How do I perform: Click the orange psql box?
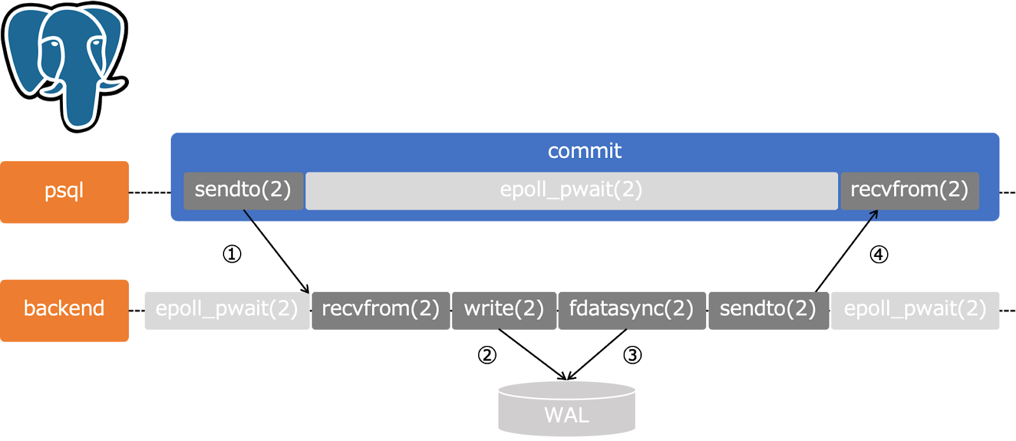pos(64,192)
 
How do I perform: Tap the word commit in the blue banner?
pos(584,151)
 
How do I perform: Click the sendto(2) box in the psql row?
pos(243,190)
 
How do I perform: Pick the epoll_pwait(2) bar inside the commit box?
pos(571,190)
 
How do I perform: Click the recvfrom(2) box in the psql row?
pos(909,190)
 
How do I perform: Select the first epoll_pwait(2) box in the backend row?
pos(227,310)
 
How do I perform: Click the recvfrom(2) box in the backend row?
pos(380,310)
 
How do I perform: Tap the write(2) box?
pos(504,310)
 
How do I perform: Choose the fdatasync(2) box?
pos(631,310)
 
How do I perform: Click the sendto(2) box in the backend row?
pos(768,310)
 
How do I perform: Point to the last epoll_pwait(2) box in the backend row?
pos(914,310)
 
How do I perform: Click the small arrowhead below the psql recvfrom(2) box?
pos(874,214)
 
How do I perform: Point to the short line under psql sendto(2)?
pos(248,216)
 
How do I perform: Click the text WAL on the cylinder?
pos(566,416)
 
